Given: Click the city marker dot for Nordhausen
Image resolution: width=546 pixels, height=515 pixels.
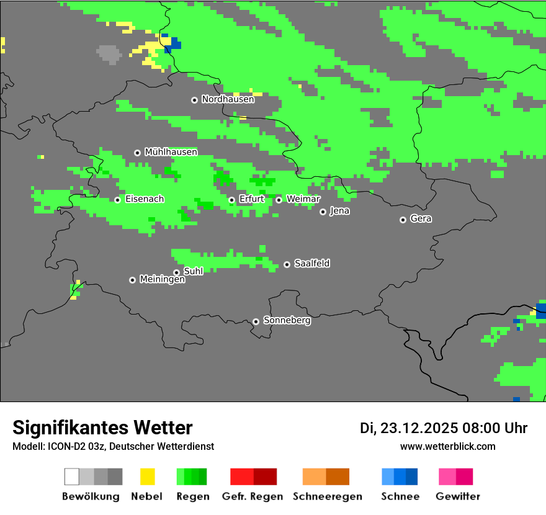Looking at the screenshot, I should pos(194,100).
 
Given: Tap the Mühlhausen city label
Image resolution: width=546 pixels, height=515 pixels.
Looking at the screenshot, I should pos(171,152).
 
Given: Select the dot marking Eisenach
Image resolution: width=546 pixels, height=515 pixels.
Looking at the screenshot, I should pos(117,200).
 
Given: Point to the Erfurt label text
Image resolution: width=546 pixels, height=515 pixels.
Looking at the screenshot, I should pos(251,199).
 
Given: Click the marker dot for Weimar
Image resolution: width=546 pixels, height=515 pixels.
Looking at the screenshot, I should pos(279,200).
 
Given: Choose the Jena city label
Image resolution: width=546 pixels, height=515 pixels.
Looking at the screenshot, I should pos(339,211).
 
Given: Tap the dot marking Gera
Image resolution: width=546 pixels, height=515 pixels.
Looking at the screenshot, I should pos(403,220).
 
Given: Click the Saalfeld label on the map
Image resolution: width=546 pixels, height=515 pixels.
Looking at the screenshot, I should pos(311,264).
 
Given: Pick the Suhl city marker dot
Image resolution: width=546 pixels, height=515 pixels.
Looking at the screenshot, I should pos(176,272).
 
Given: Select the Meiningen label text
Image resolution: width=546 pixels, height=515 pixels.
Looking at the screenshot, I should pos(162,280).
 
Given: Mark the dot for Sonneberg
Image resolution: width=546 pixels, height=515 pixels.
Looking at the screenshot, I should pos(256,321).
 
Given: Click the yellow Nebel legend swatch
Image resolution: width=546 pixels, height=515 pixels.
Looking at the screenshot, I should pos(147,477).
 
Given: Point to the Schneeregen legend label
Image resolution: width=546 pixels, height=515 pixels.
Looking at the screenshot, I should pos(328,496).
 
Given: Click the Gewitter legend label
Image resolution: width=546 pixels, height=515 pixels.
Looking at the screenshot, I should pos(458,496).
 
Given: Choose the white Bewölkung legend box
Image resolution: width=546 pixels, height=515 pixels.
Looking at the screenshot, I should pos(72,477).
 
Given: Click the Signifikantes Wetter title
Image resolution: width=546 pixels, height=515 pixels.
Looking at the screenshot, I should pos(102,428).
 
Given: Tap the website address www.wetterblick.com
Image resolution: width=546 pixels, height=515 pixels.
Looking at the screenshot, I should pos(447,446).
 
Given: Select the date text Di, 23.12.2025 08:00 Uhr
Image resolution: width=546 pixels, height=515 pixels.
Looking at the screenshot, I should pos(444,428).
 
